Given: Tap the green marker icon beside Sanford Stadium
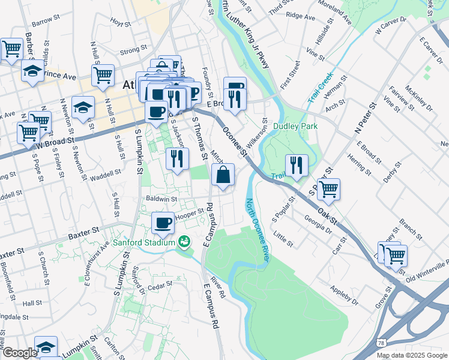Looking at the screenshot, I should (x=184, y=242).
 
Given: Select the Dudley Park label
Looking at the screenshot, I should (x=295, y=127).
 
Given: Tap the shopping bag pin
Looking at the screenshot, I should (x=223, y=176).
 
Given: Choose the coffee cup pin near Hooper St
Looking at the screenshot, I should (x=163, y=223).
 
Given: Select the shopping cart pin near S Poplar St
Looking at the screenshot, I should (x=328, y=190).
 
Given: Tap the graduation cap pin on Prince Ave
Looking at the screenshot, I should (x=32, y=71).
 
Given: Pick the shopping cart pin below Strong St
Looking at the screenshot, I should (x=103, y=76).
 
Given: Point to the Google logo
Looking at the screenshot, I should (x=20, y=353).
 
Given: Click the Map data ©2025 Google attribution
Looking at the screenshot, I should (x=412, y=355).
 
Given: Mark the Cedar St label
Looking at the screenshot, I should (x=160, y=284).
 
